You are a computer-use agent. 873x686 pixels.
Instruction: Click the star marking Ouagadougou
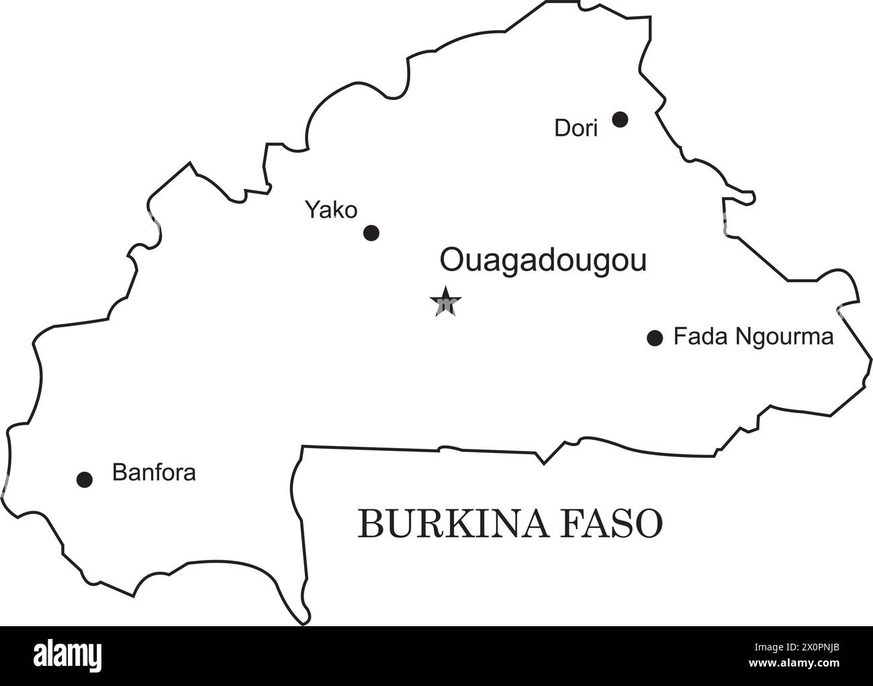coord(445,302)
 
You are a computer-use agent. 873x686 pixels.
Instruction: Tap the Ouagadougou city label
coord(543,261)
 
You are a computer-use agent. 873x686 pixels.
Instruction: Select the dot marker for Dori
coord(621,120)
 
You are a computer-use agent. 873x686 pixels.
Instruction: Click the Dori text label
coord(576,128)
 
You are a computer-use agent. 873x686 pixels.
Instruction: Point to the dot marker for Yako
coord(371,233)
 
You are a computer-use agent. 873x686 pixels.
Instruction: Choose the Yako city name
coord(331,210)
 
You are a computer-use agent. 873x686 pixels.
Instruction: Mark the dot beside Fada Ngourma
coord(655,338)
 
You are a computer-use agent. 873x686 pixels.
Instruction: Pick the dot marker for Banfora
coord(85,479)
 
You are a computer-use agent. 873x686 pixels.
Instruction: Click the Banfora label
coord(154,472)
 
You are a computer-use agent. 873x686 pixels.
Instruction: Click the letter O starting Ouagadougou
coord(451,260)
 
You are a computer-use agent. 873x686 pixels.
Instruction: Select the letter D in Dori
coord(561,128)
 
